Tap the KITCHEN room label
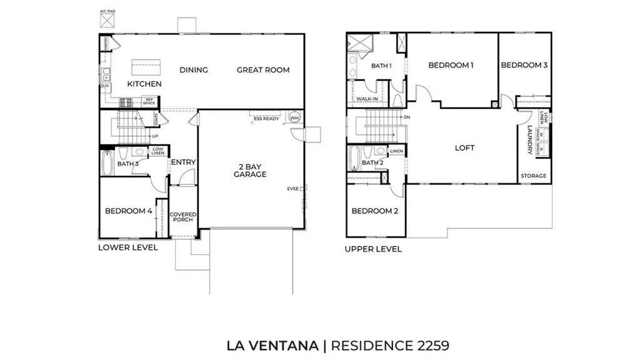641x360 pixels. (x=145, y=84)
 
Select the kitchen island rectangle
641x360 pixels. (x=145, y=66)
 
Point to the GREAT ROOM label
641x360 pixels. (x=263, y=70)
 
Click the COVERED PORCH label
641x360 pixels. (x=183, y=217)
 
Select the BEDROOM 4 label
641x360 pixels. (x=128, y=211)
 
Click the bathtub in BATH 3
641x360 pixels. (x=107, y=160)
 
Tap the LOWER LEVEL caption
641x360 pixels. (x=128, y=247)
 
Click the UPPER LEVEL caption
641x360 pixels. (x=373, y=249)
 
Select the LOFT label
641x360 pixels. (x=464, y=148)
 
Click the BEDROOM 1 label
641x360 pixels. (x=451, y=65)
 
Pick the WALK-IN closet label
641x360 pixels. (x=366, y=99)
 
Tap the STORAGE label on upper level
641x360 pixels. (x=533, y=176)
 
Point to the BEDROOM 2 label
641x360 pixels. (x=374, y=211)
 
